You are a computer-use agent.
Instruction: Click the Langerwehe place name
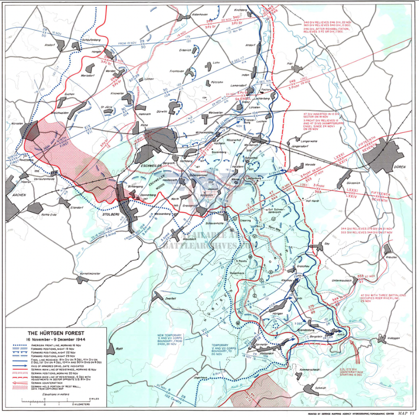point(311,140)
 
